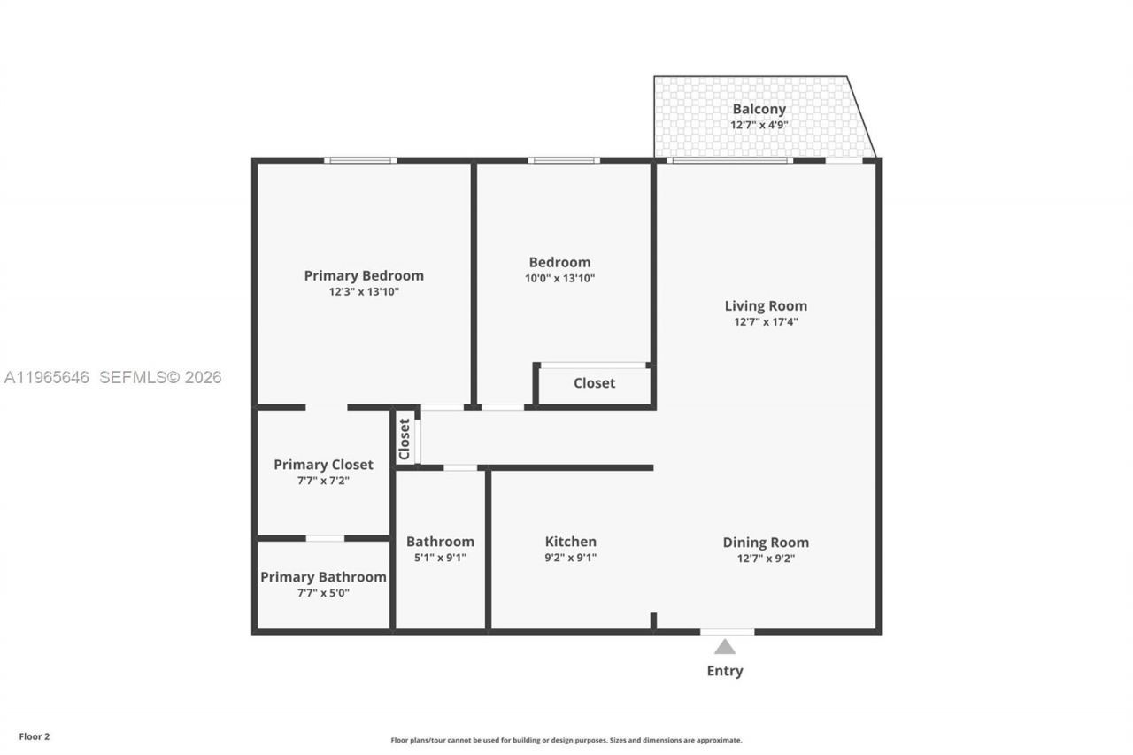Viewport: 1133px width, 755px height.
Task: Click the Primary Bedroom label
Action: pos(364,275)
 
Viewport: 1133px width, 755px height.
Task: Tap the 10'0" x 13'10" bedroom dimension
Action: pos(559,278)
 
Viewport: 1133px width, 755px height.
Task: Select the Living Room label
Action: pos(766,306)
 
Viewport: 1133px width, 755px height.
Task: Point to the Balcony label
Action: pos(759,109)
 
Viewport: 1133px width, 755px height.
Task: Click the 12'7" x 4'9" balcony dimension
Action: pos(759,125)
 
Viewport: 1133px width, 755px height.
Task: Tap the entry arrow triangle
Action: pos(725,647)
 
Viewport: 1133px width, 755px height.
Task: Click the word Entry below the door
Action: pos(725,671)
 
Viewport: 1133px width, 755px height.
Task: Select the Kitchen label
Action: pos(570,542)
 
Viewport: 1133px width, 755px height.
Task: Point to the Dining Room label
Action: pos(766,543)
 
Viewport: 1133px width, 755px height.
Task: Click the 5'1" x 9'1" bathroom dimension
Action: pos(440,558)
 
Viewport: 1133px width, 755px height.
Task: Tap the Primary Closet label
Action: pos(323,465)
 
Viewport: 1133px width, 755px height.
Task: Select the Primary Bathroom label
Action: pos(323,577)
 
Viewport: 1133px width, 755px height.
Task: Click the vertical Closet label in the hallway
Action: pos(405,439)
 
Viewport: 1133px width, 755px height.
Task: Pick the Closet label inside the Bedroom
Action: pos(594,383)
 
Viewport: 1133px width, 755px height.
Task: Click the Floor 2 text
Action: pos(35,736)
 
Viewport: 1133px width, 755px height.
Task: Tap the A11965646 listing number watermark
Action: pos(47,377)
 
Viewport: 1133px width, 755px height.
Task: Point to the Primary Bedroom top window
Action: pos(359,160)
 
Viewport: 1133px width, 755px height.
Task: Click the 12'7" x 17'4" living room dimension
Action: pos(766,322)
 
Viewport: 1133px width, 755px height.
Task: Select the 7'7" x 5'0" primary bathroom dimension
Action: pos(323,593)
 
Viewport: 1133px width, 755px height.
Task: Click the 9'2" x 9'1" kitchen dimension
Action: pos(570,558)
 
